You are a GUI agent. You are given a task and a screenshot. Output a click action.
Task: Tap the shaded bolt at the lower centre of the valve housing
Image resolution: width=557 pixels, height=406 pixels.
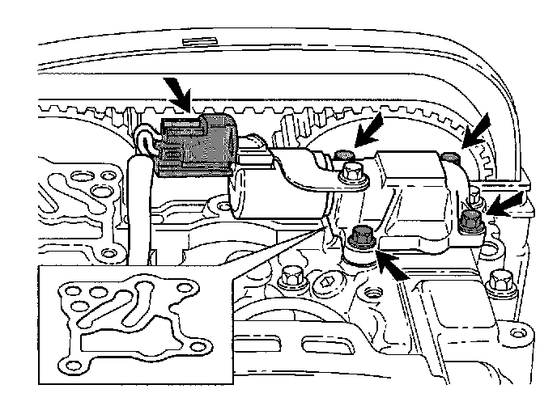pyautogui.click(x=363, y=237)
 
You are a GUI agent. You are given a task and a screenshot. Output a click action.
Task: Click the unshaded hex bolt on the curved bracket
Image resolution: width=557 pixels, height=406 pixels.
pyautogui.click(x=351, y=171)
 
